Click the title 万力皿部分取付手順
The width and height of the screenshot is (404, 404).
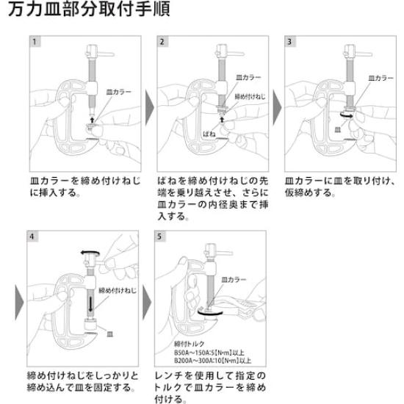pyautogui.click(x=89, y=9)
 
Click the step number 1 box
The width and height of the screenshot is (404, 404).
pyautogui.click(x=35, y=41)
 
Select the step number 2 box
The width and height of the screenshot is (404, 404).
pyautogui.click(x=162, y=41)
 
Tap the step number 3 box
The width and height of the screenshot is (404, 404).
pyautogui.click(x=290, y=41)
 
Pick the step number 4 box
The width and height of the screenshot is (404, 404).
pyautogui.click(x=32, y=237)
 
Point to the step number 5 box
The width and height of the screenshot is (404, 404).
pyautogui.click(x=159, y=237)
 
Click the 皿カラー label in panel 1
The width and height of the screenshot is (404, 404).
pyautogui.click(x=119, y=92)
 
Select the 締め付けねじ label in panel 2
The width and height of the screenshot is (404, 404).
pyautogui.click(x=250, y=97)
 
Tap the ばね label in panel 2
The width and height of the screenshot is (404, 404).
pyautogui.click(x=209, y=134)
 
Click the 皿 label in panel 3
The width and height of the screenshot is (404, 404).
pyautogui.click(x=338, y=129)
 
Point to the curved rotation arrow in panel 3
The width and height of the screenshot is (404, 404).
pyautogui.click(x=347, y=115)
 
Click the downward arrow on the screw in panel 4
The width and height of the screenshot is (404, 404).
pyautogui.click(x=90, y=304)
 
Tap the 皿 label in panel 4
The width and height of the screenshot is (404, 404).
pyautogui.click(x=110, y=334)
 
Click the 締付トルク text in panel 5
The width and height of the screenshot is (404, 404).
pyautogui.click(x=189, y=344)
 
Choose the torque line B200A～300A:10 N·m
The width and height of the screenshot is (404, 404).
pyautogui.click(x=212, y=360)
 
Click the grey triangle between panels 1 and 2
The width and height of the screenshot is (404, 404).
pyautogui.click(x=150, y=108)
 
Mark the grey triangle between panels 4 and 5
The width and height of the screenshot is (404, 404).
pyautogui.click(x=147, y=302)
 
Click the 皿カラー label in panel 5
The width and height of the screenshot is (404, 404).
pyautogui.click(x=234, y=280)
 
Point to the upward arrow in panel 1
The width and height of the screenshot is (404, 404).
pyautogui.click(x=93, y=120)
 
